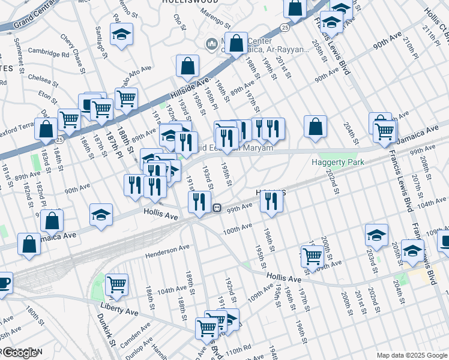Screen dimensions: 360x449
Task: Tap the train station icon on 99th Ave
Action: pos(217,208)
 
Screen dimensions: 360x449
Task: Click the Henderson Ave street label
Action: pos(167,250)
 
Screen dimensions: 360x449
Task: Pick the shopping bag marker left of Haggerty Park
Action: pos(315,127)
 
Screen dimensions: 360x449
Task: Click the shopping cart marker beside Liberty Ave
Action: pos(116,284)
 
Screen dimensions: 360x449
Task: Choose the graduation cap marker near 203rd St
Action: pos(376,235)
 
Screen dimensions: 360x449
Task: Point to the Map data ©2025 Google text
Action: pos(411,355)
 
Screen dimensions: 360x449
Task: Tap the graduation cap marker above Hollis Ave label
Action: pos(101,214)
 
